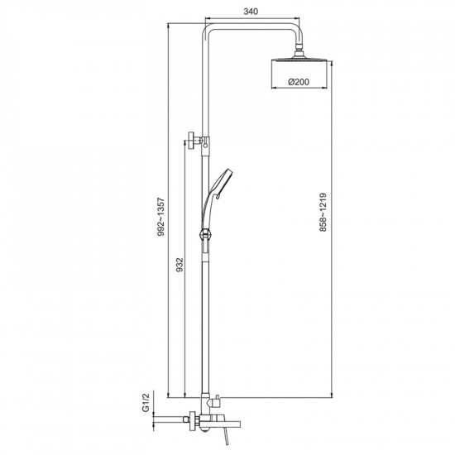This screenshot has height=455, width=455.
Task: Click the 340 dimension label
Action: point(251,12)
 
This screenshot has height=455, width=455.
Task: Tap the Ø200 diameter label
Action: point(299,82)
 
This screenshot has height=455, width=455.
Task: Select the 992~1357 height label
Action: point(160,217)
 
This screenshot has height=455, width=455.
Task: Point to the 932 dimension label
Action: point(180,265)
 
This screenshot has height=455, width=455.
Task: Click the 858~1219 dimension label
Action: point(323,213)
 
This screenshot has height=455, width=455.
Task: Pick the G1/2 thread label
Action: point(146,402)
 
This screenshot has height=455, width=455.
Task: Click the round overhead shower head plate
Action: point(299,60)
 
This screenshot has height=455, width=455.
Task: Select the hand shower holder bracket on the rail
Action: point(205,234)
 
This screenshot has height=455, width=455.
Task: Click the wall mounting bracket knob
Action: point(191,140)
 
